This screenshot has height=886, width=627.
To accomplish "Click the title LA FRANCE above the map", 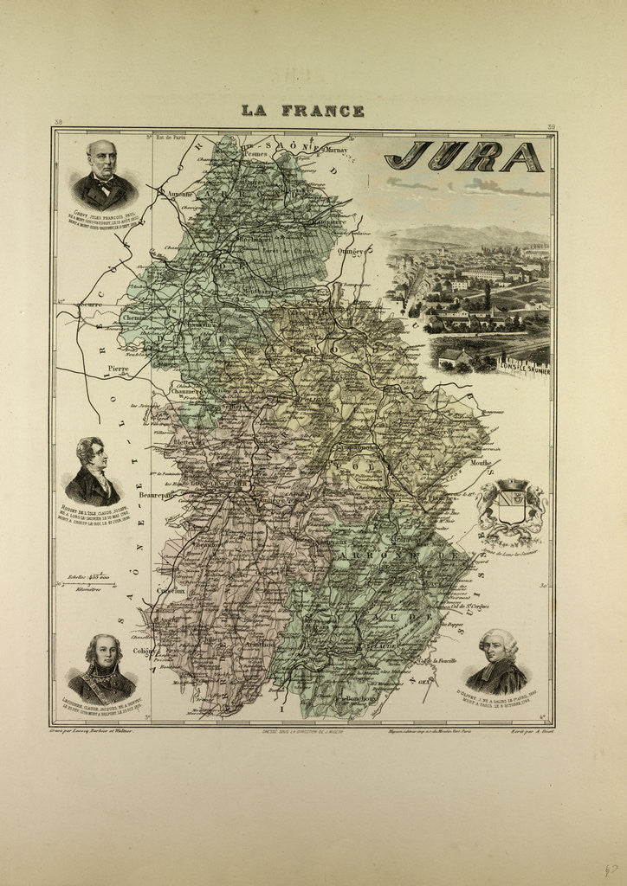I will click(302, 111).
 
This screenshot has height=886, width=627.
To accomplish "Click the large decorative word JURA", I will click(464, 157).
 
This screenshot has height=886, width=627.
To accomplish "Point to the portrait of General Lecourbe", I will click(102, 668).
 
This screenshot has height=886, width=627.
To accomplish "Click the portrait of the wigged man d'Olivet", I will click(497, 661).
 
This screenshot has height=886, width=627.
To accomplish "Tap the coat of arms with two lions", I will click(511, 511).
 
